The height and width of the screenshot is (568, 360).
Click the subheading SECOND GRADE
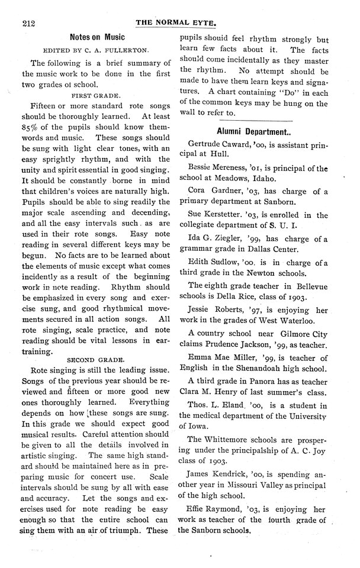coord(97,359)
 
